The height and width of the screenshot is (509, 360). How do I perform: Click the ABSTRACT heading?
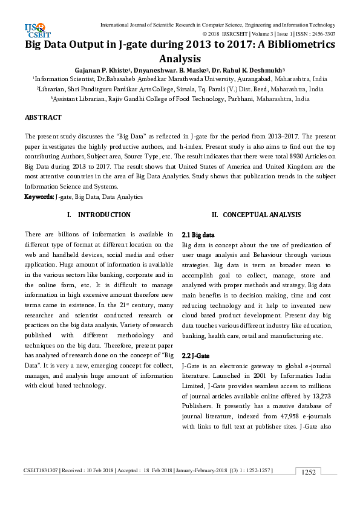click(43, 117)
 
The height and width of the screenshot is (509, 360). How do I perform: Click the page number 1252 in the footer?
click(309, 472)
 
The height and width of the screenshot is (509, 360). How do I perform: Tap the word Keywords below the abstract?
click(38, 197)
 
